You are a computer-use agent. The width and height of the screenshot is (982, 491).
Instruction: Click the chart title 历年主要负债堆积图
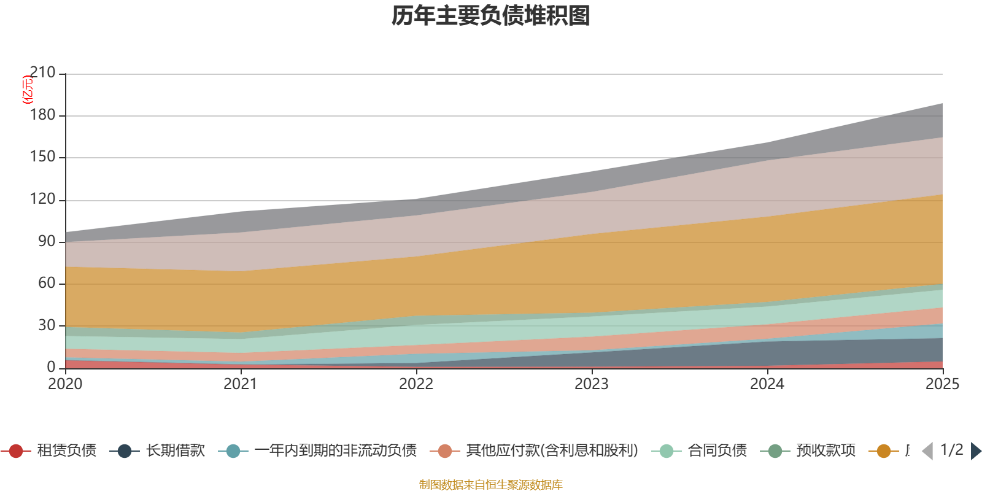pos(491,16)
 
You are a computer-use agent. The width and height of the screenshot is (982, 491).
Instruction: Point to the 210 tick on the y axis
pos(42,73)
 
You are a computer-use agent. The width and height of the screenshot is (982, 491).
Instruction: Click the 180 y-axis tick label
pos(42,115)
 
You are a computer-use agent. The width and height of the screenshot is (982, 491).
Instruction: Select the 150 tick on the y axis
pos(42,157)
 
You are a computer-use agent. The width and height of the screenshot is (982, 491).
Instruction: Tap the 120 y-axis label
pos(42,199)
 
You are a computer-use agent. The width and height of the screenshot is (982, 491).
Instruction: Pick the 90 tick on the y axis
pos(47,241)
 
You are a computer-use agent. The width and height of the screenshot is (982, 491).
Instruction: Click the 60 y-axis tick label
pos(47,283)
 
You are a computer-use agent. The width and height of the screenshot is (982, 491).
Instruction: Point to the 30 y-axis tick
pos(47,325)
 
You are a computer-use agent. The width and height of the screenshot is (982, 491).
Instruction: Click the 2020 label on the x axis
pos(65,384)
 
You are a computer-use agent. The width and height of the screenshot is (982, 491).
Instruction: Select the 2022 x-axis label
pos(416,384)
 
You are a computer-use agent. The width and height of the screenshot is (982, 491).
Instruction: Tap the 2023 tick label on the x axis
pos(592,384)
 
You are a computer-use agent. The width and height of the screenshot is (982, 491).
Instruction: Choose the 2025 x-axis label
pos(942,384)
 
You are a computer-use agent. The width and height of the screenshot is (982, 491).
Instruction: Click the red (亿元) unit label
pos(27,90)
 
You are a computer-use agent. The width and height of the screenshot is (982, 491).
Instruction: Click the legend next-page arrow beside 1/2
pos(975,451)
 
